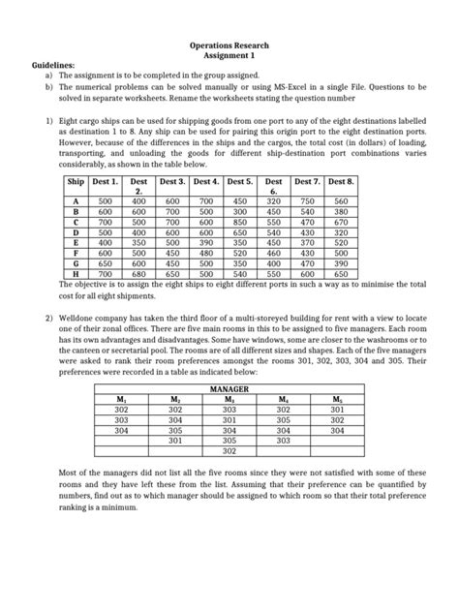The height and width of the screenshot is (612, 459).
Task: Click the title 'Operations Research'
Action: coord(229,46)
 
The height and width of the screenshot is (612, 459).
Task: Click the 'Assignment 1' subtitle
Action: coord(229,56)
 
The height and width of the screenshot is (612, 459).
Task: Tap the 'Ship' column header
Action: coord(76,181)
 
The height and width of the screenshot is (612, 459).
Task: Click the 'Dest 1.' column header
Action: coord(105,181)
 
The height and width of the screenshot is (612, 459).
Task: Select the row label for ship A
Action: coord(76,200)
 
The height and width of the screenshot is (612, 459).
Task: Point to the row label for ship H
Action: coord(76,274)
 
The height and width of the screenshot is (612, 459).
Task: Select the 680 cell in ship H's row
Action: coord(138,274)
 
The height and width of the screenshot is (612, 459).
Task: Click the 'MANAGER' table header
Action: coord(229,387)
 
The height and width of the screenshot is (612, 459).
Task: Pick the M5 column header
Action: coord(336,398)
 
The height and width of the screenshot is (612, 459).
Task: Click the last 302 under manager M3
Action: coord(229,451)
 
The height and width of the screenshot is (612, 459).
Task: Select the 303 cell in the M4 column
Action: coord(283,441)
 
